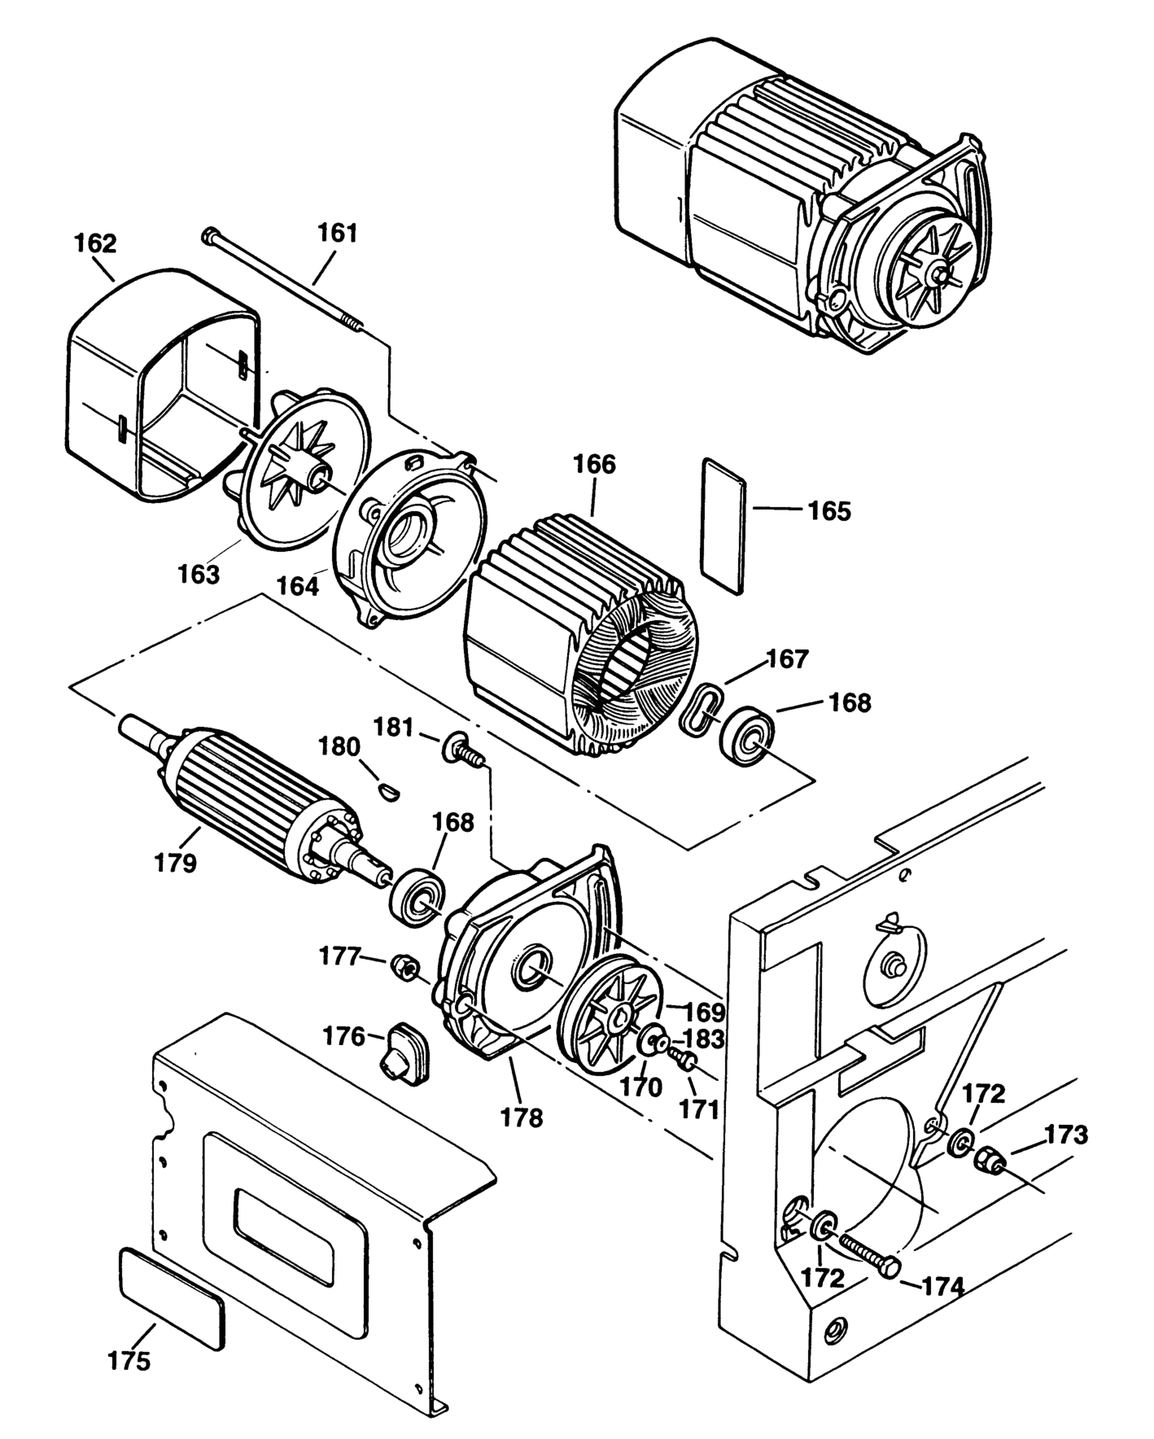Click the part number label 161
coord(337,233)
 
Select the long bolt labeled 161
coord(285,281)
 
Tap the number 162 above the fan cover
coord(95,243)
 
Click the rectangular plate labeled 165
coord(723,524)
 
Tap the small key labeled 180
coord(389,789)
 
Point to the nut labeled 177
coord(404,966)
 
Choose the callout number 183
coord(704,1039)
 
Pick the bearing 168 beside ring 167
coord(745,737)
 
